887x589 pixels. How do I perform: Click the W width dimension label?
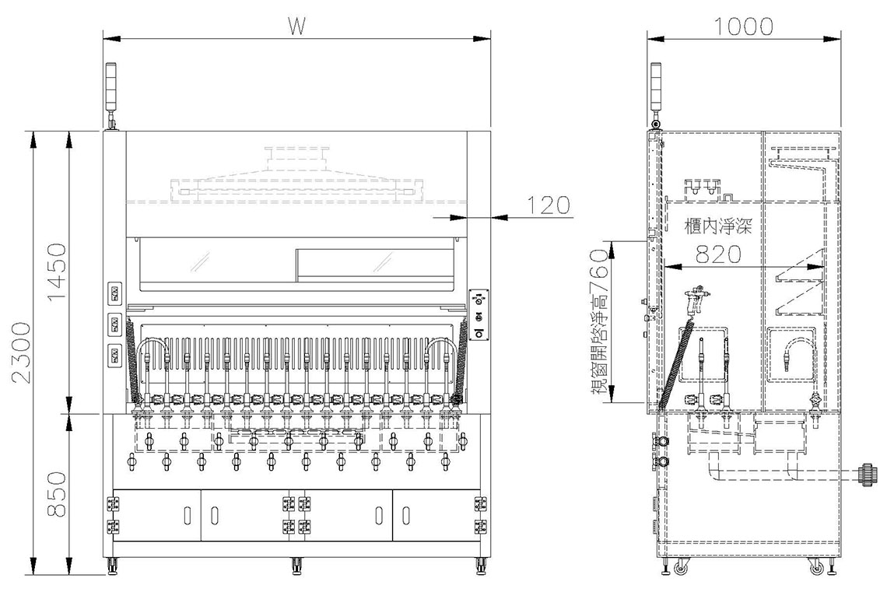coord(296,26)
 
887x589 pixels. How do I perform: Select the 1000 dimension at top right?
coord(743,26)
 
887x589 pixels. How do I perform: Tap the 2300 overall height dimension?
coord(22,352)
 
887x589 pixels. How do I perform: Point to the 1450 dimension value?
coord(57,272)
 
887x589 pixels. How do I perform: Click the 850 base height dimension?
coord(57,495)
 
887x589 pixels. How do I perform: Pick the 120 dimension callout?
coord(549,205)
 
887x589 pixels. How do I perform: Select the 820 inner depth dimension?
coord(718,254)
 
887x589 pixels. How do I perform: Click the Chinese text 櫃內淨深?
coord(718,227)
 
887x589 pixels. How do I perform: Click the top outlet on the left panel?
coord(114,294)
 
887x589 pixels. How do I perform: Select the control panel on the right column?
coord(480,316)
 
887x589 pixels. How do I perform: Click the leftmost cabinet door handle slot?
coord(188,515)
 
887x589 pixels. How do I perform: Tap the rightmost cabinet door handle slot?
coord(405,515)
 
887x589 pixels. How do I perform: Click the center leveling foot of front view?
coord(296,565)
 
